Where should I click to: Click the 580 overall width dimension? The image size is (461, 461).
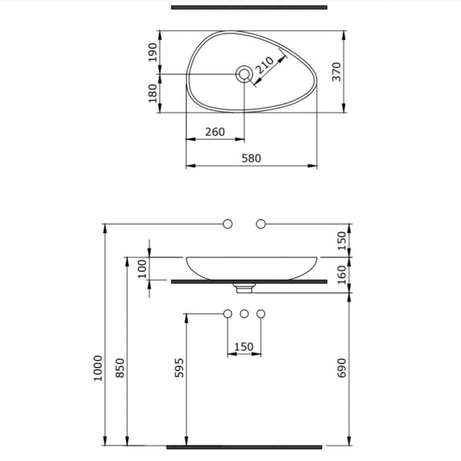251,158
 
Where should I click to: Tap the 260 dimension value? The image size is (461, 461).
215,132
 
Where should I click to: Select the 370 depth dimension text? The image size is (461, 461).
337,72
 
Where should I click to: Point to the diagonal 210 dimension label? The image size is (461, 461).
265,65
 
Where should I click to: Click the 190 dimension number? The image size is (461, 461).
153,53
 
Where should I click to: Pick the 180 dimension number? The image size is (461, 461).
153,93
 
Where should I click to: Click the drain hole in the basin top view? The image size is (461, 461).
244,74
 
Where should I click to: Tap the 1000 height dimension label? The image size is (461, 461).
98,368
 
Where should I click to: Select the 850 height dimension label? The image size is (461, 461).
120,368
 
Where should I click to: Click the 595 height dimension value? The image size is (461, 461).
179,368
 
